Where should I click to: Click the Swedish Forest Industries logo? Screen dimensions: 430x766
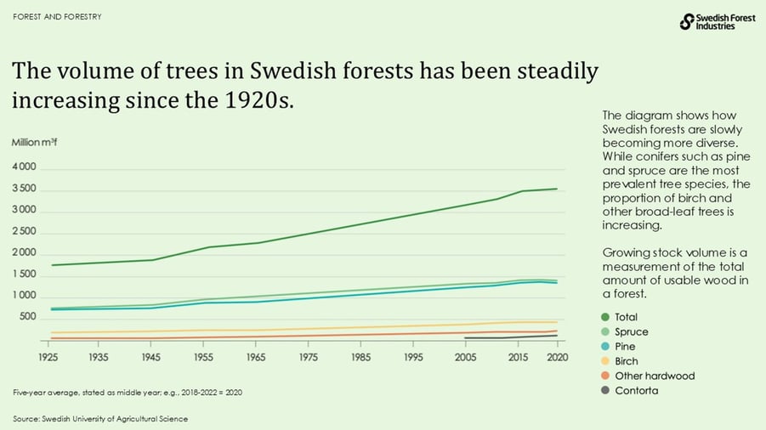coord(718,22)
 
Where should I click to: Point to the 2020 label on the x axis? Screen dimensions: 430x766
coord(557,358)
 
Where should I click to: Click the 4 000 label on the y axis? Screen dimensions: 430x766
coord(24,167)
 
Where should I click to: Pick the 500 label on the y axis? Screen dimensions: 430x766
coord(29,317)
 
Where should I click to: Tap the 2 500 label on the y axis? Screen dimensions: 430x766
coord(24,231)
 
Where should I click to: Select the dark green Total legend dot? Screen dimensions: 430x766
coord(606,317)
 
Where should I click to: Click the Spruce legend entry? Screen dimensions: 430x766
coord(630,332)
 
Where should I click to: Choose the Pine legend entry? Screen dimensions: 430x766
coord(624,347)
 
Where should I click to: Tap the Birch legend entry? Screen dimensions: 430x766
coord(626,361)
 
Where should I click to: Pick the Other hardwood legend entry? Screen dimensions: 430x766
coord(654,376)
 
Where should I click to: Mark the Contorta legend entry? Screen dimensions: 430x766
coord(636,390)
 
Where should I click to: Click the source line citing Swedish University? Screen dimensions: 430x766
coord(99,418)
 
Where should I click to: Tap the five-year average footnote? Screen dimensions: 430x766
coord(120,392)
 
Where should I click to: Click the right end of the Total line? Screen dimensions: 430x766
coord(556,189)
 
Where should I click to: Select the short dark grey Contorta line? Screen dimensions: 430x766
coord(510,337)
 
